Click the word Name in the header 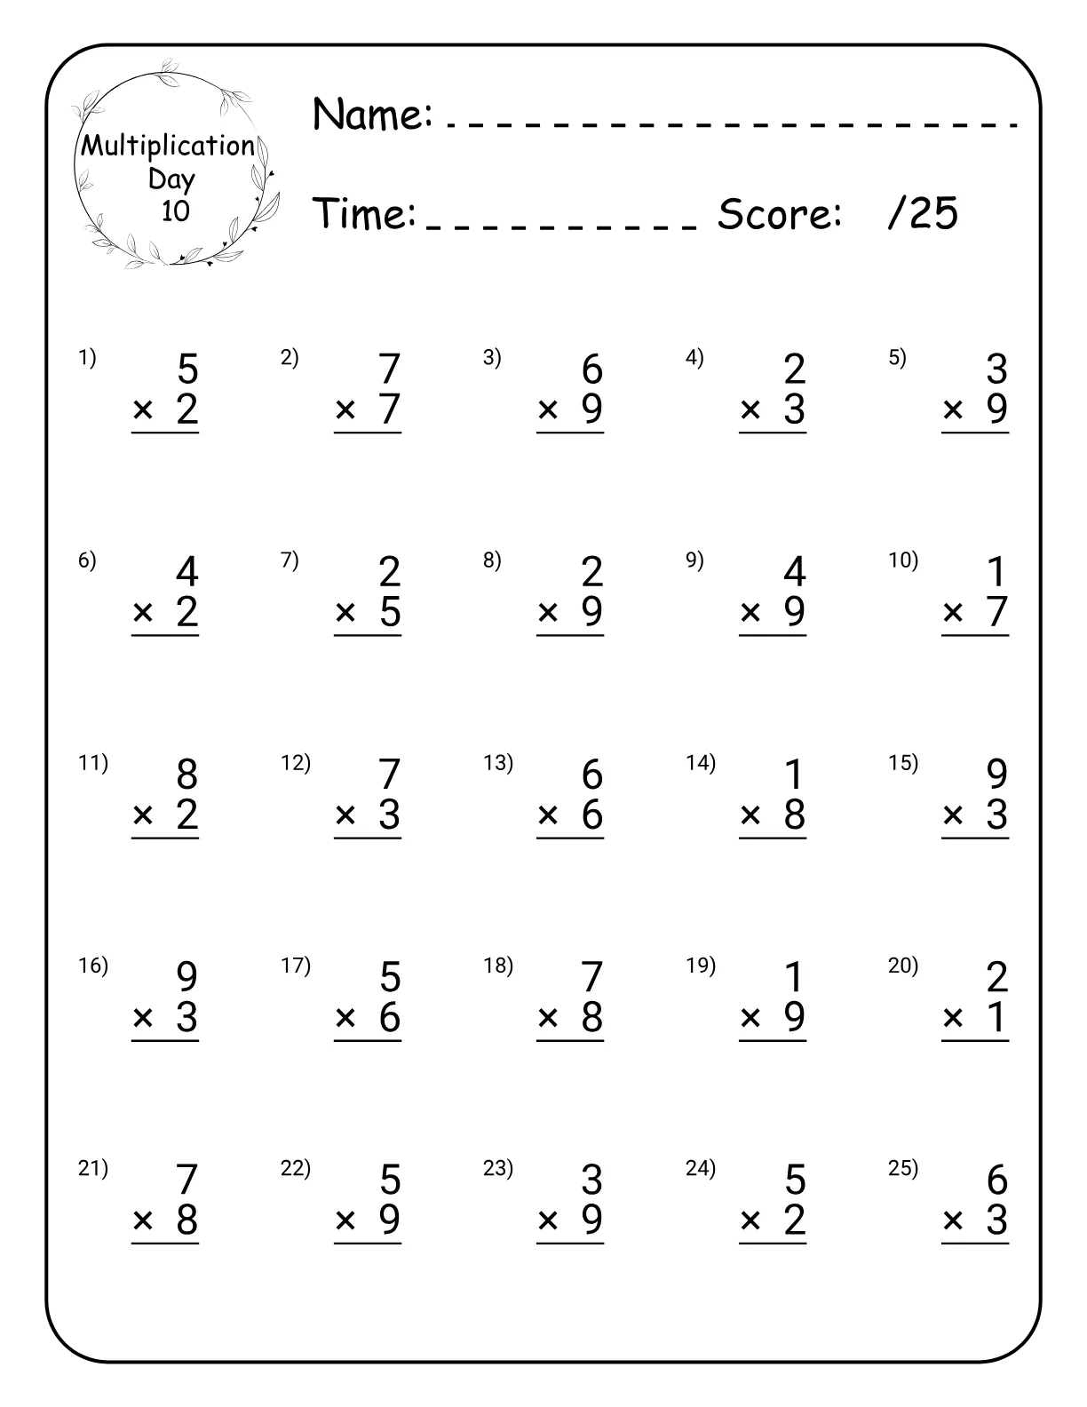pos(372,115)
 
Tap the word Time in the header pos(365,214)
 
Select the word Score pos(779,214)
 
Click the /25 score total pos(923,214)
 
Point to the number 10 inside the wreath pos(175,211)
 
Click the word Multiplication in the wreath pos(168,146)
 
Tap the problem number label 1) pos(87,358)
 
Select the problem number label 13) pos(498,763)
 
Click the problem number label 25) pos(903,1168)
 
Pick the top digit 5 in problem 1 pos(187,370)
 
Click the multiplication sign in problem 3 pos(548,409)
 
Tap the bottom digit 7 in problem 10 pos(997,612)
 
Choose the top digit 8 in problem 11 pos(187,775)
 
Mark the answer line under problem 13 pos(569,838)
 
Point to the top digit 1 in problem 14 pos(795,775)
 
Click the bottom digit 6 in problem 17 pos(390,1017)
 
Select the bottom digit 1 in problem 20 pos(997,1017)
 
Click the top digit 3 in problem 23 pos(592,1180)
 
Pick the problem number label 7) pos(290,560)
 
